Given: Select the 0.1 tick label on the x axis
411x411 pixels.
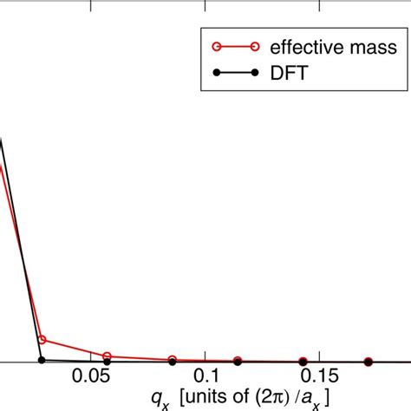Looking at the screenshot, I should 205,375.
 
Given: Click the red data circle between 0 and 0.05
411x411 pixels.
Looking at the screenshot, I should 42,341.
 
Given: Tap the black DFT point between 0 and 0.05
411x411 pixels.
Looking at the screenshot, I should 42,360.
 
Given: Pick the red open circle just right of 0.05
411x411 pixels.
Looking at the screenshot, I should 108,356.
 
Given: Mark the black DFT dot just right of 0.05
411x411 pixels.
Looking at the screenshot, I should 108,362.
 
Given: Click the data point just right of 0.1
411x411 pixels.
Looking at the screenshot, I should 238,361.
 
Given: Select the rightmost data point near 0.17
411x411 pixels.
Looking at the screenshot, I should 369,362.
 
